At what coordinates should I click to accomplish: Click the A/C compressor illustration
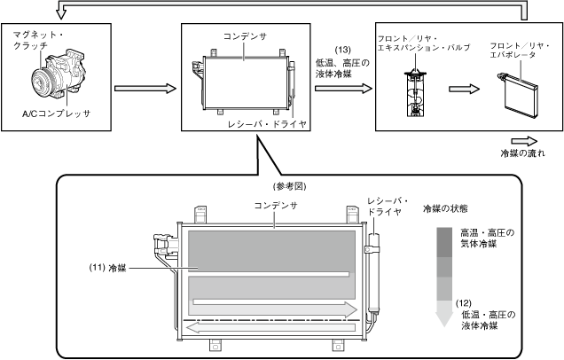[59, 75]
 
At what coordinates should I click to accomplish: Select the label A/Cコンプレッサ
[56, 114]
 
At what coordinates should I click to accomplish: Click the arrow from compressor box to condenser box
[145, 89]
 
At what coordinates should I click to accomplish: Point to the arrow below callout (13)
[343, 89]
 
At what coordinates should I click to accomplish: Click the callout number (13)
[342, 50]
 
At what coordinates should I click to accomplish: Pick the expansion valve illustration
[416, 93]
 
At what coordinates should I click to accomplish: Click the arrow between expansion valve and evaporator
[465, 89]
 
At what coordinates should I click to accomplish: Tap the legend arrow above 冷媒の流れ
[524, 141]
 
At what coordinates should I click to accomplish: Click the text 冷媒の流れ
[523, 153]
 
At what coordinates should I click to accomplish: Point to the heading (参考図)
[290, 186]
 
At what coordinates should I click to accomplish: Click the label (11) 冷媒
[107, 268]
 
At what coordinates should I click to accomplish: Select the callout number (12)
[463, 303]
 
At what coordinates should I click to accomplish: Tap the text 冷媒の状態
[445, 208]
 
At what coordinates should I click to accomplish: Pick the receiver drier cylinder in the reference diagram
[373, 272]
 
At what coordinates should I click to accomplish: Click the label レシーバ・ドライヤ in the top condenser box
[268, 124]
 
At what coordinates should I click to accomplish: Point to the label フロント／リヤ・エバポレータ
[520, 51]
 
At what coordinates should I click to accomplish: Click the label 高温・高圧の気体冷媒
[488, 239]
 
